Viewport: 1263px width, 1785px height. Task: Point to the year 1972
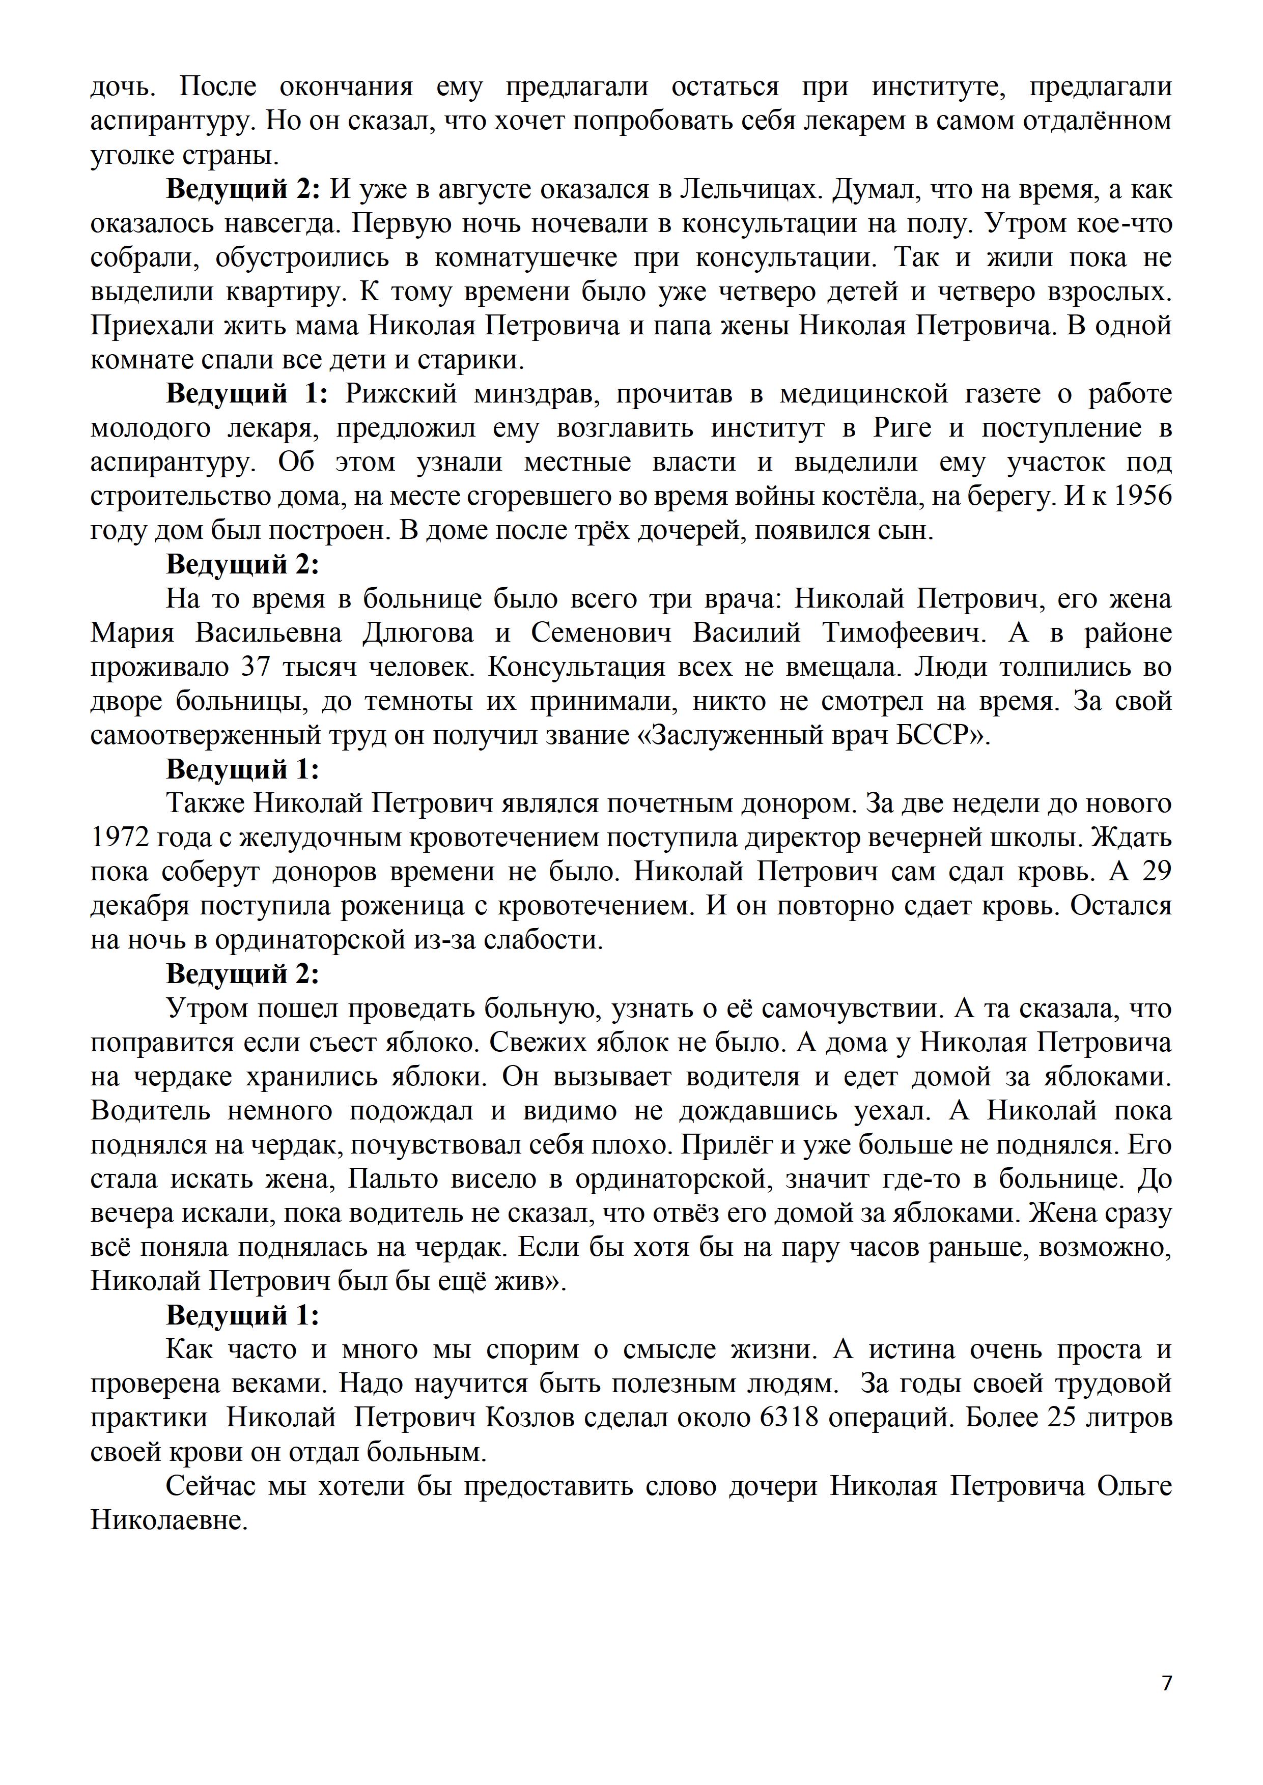tap(120, 838)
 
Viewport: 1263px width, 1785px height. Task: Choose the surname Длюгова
tap(417, 633)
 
